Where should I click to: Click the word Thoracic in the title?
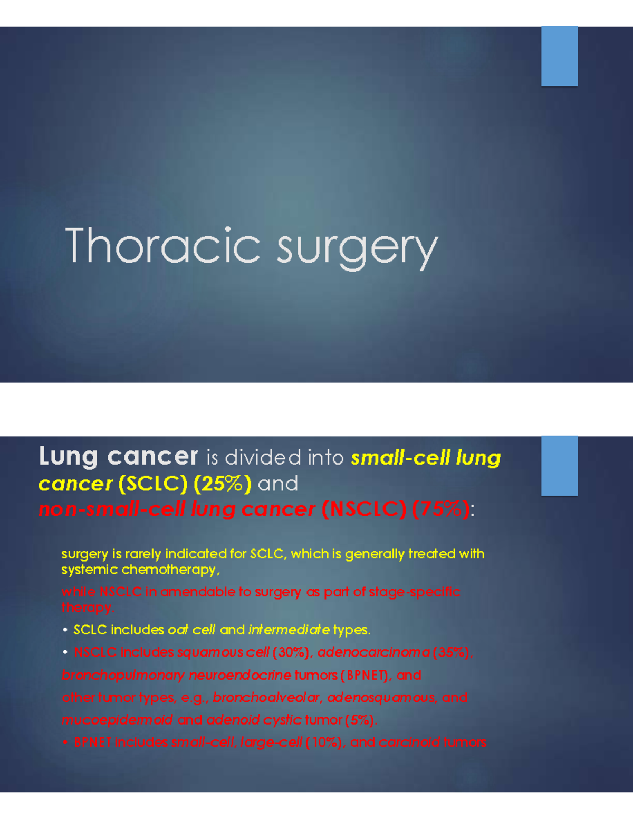tap(162, 246)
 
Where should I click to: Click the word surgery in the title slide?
tap(357, 248)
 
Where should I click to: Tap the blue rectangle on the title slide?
tap(559, 56)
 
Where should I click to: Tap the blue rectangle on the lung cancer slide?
tap(559, 466)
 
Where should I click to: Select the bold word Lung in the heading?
tap(68, 457)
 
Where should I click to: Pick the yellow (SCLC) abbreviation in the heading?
tap(153, 484)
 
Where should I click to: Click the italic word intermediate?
tap(289, 630)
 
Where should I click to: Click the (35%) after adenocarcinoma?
tap(451, 652)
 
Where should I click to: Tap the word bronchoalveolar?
tap(266, 698)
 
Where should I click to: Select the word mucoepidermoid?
tap(117, 720)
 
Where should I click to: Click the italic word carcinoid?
tap(409, 743)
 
